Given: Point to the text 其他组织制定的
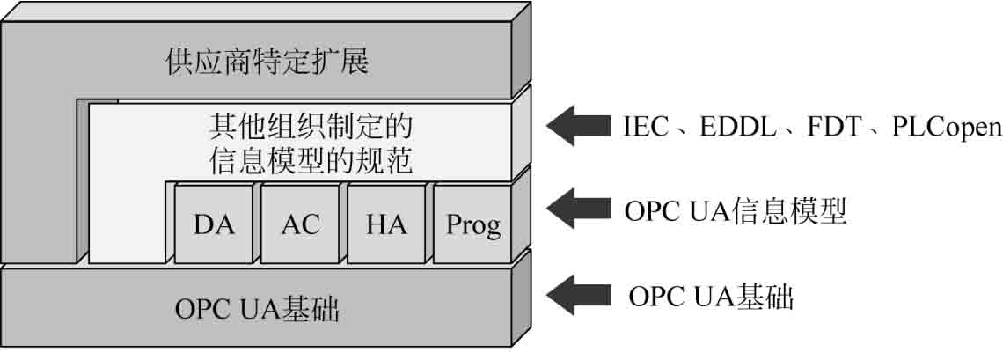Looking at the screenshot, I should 312,128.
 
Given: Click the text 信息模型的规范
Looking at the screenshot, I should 312,162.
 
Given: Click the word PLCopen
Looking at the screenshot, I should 947,128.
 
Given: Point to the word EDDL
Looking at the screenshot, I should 738,128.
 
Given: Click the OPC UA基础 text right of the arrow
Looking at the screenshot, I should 712,297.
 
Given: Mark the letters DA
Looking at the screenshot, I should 214,225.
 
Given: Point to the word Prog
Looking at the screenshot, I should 473,226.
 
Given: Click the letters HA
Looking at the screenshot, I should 386,225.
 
